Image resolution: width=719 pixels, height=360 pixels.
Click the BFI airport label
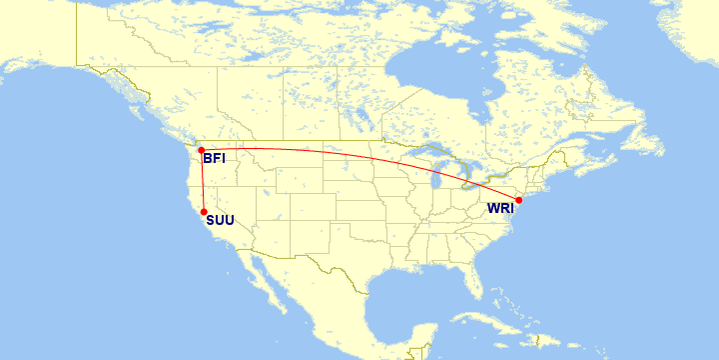pyautogui.click(x=214, y=158)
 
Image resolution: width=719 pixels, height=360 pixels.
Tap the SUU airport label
pyautogui.click(x=220, y=220)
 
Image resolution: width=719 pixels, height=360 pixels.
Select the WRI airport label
pyautogui.click(x=500, y=209)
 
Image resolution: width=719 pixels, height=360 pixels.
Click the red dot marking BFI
pyautogui.click(x=202, y=150)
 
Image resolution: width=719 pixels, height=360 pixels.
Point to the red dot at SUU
pyautogui.click(x=204, y=212)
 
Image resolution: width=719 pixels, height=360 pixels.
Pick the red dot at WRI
pyautogui.click(x=518, y=200)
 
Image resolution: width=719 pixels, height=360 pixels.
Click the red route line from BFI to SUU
pyautogui.click(x=203, y=181)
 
